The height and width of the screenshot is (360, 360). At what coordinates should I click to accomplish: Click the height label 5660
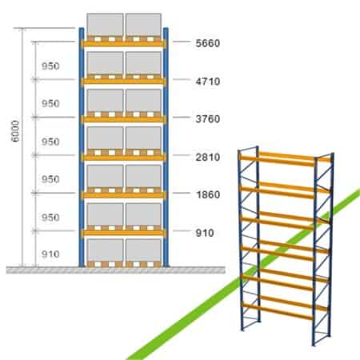[x=208, y=43]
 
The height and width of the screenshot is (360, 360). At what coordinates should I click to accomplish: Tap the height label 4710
[x=208, y=82]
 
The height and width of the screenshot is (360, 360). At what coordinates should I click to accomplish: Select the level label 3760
[x=208, y=119]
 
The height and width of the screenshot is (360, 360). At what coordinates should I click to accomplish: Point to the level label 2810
[x=208, y=157]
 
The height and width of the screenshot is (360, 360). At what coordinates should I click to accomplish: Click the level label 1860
[x=208, y=194]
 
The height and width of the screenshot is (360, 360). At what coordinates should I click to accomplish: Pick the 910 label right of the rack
[x=205, y=233]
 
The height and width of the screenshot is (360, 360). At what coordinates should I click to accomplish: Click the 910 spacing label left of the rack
[x=50, y=254]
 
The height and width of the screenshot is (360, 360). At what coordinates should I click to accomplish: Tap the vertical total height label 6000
[x=16, y=131]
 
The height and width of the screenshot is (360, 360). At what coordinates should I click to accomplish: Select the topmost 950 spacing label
[x=50, y=66]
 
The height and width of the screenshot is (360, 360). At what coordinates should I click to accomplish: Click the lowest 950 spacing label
[x=50, y=218]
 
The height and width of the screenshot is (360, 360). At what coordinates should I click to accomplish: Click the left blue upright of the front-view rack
[x=82, y=147]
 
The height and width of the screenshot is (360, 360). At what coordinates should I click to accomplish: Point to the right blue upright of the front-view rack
[x=166, y=147]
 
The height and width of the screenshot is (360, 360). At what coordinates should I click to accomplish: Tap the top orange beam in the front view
[x=124, y=43]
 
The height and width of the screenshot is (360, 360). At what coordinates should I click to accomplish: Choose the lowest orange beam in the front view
[x=124, y=233]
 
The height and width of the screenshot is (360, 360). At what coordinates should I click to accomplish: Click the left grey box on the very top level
[x=105, y=25]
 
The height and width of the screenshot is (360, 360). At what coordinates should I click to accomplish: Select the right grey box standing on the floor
[x=143, y=250]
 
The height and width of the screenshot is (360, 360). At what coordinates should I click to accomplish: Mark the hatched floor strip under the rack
[x=116, y=270]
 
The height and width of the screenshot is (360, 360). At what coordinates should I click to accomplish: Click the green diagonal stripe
[x=242, y=274]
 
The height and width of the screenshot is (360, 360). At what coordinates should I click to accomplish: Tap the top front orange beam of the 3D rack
[x=278, y=160]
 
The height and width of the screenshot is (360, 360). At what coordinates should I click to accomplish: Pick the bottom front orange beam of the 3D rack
[x=278, y=310]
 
